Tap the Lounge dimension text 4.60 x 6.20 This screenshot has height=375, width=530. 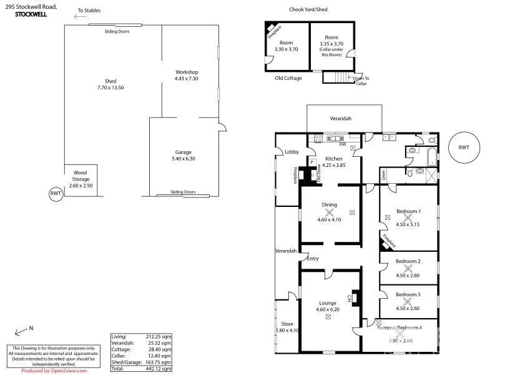328,309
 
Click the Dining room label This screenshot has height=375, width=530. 329,204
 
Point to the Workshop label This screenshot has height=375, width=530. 186,72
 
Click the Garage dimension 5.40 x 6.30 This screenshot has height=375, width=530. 183,158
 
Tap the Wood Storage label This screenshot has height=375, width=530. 80,176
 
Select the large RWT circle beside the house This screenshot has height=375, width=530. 463,148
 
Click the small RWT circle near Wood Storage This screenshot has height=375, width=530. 56,194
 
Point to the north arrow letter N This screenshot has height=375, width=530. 31,328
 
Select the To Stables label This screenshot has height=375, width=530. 89,11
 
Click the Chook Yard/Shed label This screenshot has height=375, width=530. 308,9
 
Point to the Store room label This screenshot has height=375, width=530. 287,324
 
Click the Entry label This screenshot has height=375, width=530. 312,259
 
